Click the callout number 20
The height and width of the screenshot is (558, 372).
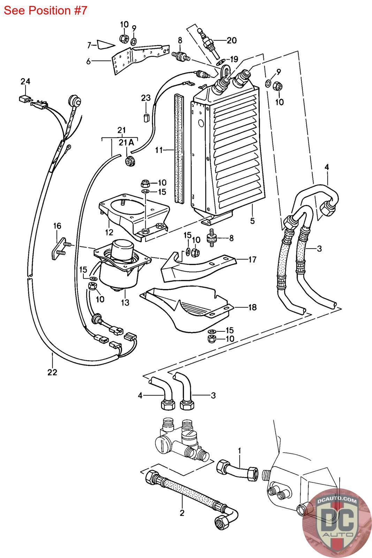(231, 40)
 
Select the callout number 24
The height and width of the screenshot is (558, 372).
(25, 81)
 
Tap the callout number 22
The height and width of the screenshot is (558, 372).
(52, 372)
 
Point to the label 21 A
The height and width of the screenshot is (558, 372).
(126, 143)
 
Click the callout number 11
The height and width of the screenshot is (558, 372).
(159, 150)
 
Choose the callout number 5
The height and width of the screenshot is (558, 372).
(252, 221)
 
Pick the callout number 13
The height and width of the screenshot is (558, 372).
(125, 302)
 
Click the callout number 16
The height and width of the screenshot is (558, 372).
(57, 226)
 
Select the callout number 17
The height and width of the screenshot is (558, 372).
(252, 259)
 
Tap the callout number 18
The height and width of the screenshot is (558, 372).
(252, 307)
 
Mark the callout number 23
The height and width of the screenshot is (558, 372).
(146, 98)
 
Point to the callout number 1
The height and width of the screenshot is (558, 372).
(240, 451)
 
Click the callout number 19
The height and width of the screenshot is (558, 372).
(234, 59)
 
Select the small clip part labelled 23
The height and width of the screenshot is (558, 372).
(146, 117)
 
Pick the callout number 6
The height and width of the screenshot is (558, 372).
(89, 61)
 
